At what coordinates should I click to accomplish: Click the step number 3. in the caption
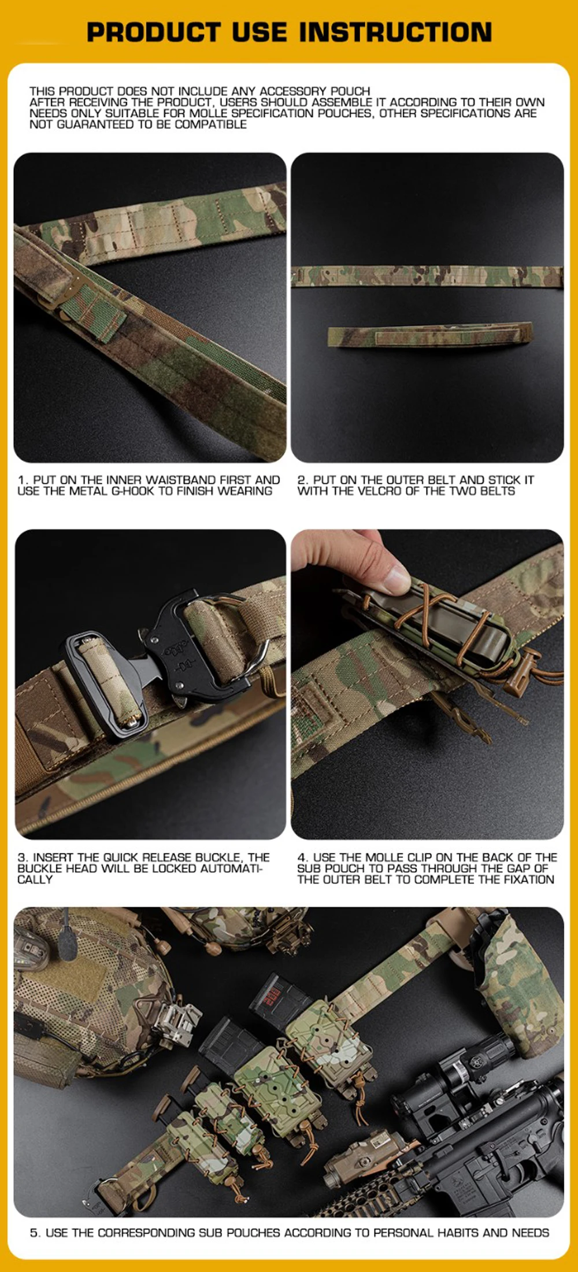(23, 857)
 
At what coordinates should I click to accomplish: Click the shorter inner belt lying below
(429, 335)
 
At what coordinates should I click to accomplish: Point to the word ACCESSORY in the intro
(293, 91)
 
